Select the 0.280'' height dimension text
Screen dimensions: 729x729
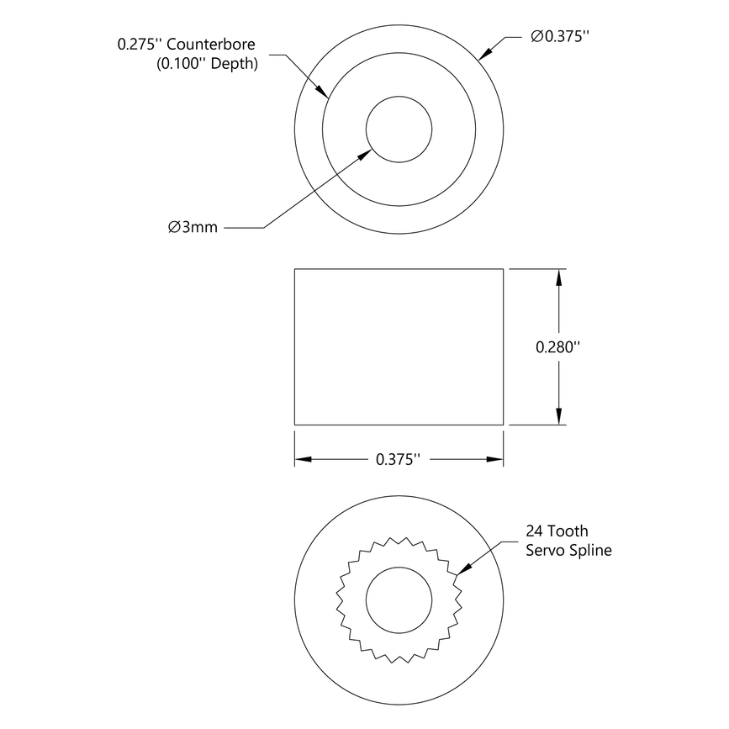559,346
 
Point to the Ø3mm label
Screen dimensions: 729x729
193,228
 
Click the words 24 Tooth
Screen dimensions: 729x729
557,531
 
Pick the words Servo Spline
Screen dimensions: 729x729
568,551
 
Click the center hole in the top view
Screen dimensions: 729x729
399,130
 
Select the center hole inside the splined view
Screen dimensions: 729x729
399,599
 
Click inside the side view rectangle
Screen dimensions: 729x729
399,346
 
